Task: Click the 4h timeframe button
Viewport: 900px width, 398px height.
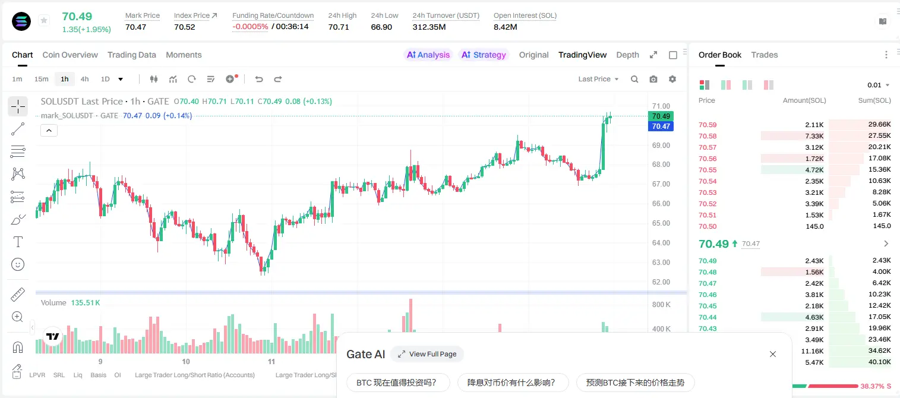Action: pyautogui.click(x=84, y=79)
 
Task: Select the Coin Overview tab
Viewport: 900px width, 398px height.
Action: pyautogui.click(x=70, y=55)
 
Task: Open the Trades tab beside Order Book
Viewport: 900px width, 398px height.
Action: pyautogui.click(x=764, y=55)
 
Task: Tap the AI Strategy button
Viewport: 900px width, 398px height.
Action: pyautogui.click(x=484, y=55)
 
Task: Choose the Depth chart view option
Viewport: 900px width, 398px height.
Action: pyautogui.click(x=627, y=55)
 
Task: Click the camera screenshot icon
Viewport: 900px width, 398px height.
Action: pyautogui.click(x=653, y=79)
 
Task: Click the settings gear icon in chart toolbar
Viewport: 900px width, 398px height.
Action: pyautogui.click(x=672, y=79)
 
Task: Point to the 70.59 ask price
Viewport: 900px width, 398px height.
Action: pyautogui.click(x=708, y=125)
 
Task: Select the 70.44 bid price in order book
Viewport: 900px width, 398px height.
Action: pyautogui.click(x=708, y=317)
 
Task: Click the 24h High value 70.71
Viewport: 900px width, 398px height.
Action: pyautogui.click(x=339, y=27)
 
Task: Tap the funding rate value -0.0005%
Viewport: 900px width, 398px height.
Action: pyautogui.click(x=250, y=27)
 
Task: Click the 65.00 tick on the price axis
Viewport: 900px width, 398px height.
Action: pyautogui.click(x=661, y=223)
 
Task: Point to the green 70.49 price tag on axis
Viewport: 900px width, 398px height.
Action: pyautogui.click(x=661, y=116)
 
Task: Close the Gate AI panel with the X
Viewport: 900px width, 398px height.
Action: pyautogui.click(x=773, y=354)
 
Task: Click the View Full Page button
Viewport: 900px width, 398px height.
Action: pyautogui.click(x=427, y=354)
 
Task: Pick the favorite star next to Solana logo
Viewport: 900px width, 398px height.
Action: pyautogui.click(x=44, y=20)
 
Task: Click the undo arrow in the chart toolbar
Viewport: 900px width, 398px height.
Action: pyautogui.click(x=259, y=79)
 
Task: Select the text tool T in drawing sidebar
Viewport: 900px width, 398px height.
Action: pyautogui.click(x=18, y=242)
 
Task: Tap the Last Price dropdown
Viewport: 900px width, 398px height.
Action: pyautogui.click(x=598, y=79)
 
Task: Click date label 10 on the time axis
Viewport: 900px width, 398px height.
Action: pyautogui.click(x=185, y=361)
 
